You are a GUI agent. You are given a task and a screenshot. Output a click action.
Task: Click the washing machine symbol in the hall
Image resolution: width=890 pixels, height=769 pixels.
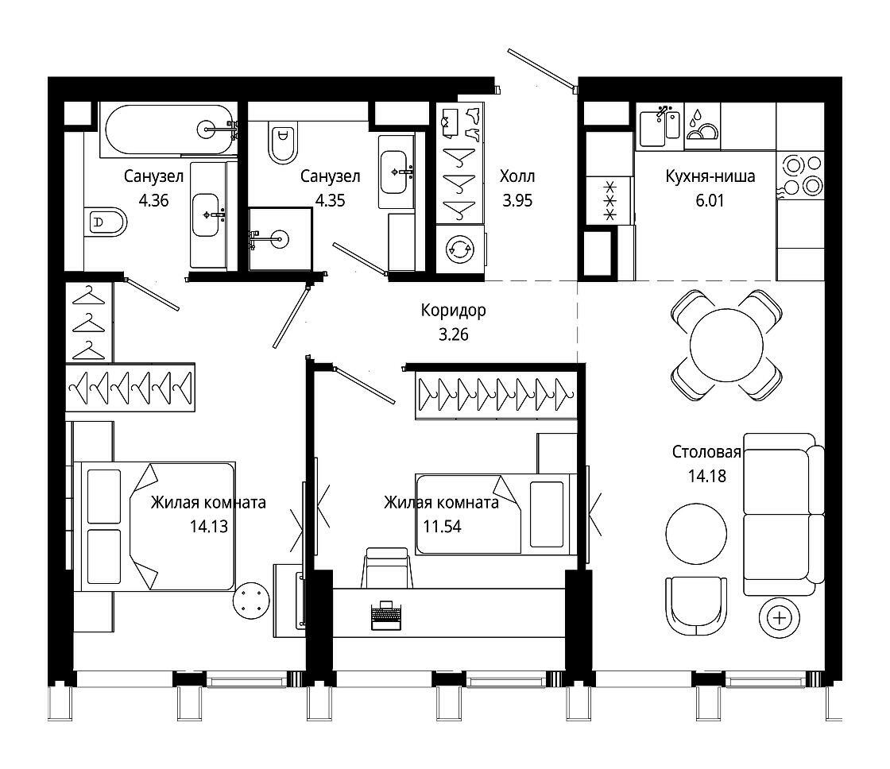coord(460,249)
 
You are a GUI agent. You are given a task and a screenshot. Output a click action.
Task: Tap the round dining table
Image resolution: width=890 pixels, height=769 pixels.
coord(726,345)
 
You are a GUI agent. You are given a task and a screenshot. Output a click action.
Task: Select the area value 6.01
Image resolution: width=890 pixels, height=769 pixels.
coord(710,200)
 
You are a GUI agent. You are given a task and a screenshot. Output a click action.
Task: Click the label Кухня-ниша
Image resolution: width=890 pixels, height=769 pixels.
coord(710,176)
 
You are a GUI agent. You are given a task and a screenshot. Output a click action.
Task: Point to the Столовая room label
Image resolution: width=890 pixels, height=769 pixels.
coord(706,452)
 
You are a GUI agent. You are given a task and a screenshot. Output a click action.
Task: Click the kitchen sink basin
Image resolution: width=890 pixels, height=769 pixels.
coord(652,128)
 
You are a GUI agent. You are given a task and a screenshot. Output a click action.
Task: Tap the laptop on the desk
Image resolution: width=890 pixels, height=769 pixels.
coord(386,615)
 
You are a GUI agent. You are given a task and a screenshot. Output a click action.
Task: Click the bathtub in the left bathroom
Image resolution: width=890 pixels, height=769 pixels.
coord(168,130)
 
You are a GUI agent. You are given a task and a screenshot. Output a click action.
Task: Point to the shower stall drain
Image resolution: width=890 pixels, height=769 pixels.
coord(279,239)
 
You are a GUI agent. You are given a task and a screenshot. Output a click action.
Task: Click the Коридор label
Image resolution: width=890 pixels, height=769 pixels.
coord(453,311)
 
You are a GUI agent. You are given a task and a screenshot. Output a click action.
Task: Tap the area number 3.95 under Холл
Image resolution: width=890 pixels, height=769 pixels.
coord(517,200)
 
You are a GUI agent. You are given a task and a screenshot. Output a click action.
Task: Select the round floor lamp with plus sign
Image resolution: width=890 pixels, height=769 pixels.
coord(780,618)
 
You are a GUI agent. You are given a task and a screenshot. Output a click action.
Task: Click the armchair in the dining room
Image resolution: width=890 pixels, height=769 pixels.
coord(696,606)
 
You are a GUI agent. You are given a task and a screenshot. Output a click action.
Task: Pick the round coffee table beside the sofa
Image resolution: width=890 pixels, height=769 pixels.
coord(696,534)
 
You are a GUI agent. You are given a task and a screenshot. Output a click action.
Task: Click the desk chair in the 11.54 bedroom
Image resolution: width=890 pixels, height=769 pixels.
coord(386,568)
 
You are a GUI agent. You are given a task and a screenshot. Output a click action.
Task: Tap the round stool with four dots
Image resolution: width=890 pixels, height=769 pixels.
coord(251,601)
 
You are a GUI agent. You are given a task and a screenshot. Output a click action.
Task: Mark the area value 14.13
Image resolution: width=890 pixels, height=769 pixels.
coord(209,526)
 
